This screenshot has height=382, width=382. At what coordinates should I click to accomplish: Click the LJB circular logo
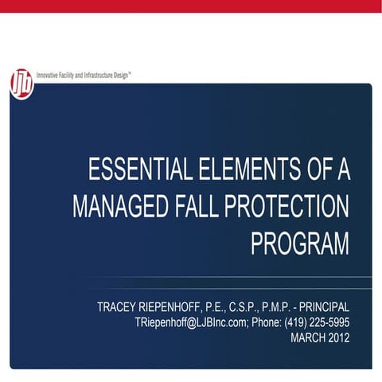tap(21, 82)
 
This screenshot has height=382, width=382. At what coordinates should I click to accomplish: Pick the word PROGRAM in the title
tap(300, 243)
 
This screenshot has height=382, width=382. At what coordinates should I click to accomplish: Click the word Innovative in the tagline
tap(49, 74)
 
